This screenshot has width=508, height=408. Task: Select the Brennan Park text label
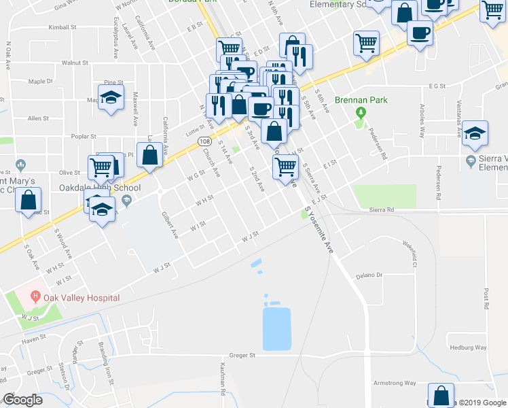365,100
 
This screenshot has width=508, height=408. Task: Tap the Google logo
23,400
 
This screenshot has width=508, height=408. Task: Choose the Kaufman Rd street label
223,378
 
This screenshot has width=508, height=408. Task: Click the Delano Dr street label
369,275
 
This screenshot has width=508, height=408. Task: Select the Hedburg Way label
469,347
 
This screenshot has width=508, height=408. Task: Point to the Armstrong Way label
395,384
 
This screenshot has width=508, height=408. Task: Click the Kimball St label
62,28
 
